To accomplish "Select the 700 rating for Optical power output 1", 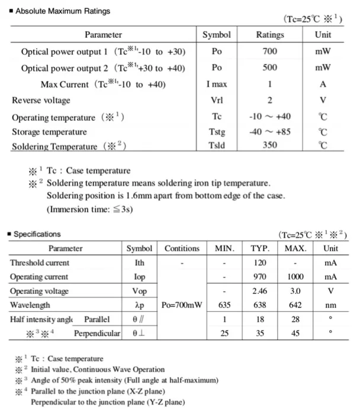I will (x=269, y=52).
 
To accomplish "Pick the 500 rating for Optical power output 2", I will (x=269, y=68).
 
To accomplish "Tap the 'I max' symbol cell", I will (x=217, y=84).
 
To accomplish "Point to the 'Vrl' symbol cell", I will (x=217, y=100).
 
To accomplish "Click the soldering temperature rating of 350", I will (x=269, y=145).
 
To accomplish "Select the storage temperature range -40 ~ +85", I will (x=269, y=132).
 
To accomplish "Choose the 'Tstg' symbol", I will (x=217, y=132).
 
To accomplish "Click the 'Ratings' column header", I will (x=269, y=35).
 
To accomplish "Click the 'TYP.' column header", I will (x=260, y=248).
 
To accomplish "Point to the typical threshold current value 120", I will (x=260, y=262).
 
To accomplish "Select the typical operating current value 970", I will (x=260, y=277).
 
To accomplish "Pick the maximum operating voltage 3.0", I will (x=295, y=291).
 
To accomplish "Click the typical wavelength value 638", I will (x=260, y=305).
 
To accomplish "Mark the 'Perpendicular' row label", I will (x=97, y=334).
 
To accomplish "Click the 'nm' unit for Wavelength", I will (x=331, y=305).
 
